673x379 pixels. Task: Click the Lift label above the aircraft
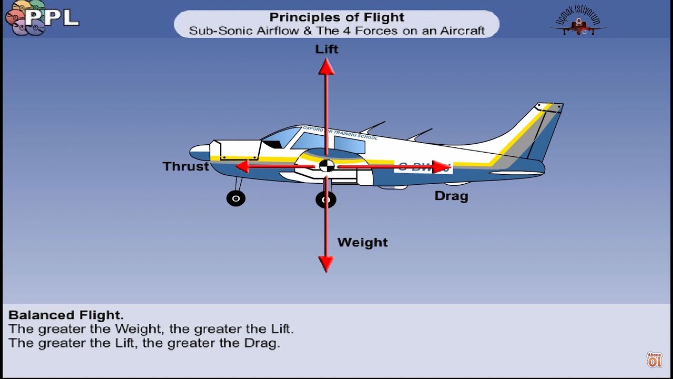coord(327,49)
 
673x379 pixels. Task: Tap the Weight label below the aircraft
coord(362,242)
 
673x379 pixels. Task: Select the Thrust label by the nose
coord(186,166)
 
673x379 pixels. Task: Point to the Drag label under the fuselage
coord(451,196)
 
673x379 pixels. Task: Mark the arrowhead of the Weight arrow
coord(326,263)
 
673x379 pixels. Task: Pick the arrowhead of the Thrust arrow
coord(242,166)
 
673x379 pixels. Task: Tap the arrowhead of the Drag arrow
coord(441,167)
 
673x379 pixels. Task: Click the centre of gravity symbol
coord(327,166)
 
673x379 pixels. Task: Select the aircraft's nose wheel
coord(236,198)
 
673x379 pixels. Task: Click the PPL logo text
coord(52,18)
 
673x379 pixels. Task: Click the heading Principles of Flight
coord(336,17)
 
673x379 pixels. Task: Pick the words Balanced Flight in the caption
coord(65,315)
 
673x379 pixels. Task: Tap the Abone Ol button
coord(654,360)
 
